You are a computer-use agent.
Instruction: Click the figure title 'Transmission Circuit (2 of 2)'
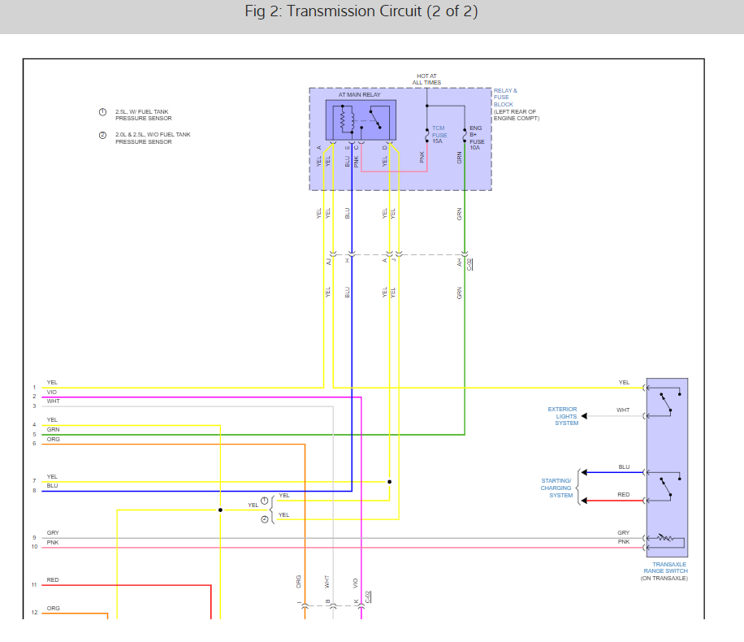pos(361,11)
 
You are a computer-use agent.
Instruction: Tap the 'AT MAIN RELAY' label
pos(359,95)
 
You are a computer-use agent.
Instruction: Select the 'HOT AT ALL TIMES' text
pos(426,80)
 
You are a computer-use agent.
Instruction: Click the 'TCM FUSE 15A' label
pos(439,134)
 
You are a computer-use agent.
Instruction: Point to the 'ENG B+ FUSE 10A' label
pos(476,138)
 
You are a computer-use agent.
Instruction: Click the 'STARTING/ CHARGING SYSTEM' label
pos(556,488)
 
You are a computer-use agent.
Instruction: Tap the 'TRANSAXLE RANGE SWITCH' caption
pos(666,567)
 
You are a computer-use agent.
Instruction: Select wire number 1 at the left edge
pos(34,388)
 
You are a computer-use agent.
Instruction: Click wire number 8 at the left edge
pos(34,491)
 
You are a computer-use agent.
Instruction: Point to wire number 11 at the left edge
pos(34,585)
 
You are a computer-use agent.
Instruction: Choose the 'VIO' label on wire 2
pos(52,393)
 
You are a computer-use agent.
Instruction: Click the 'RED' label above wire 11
pos(53,580)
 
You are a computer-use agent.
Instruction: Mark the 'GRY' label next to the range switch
pos(623,533)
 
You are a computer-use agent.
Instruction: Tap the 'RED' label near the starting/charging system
pos(623,495)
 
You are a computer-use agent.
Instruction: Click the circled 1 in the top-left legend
pos(102,111)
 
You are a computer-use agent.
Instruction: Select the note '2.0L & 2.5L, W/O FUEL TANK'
pos(153,134)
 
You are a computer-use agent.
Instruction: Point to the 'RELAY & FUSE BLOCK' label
pos(505,98)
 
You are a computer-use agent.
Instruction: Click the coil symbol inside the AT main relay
pos(343,121)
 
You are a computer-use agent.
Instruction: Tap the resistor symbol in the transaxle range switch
pos(666,538)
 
